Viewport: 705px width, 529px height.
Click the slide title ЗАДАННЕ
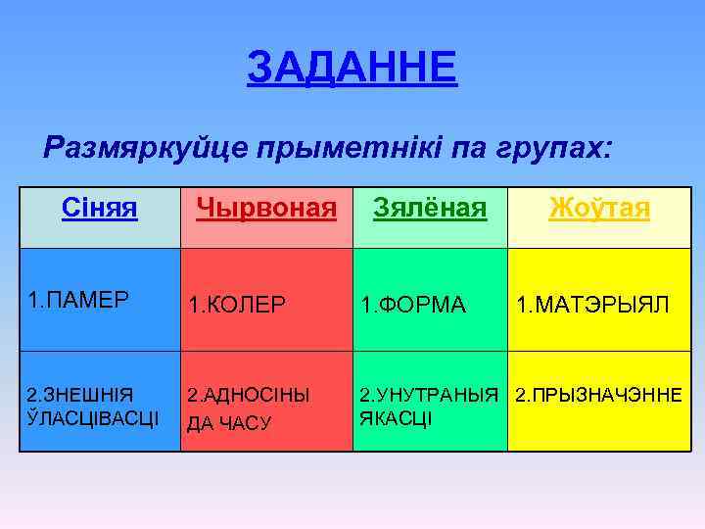pos(352,68)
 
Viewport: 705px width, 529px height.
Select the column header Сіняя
pos(99,208)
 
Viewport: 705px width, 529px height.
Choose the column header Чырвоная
pos(266,208)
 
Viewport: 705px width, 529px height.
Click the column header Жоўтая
pos(599,208)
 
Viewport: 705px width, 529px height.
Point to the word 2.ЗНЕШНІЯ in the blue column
pos(79,396)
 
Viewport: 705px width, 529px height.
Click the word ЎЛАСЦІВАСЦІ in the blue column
pos(94,418)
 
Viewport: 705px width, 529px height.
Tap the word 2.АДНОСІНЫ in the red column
pos(249,396)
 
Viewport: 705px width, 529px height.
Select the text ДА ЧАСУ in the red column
pos(229,423)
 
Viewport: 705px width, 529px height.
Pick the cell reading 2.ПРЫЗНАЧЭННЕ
pos(598,396)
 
